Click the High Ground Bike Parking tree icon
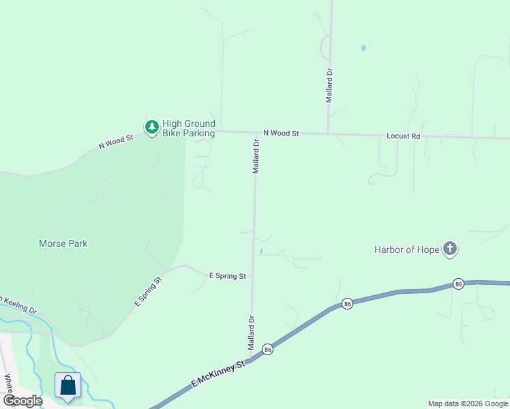pyautogui.click(x=151, y=127)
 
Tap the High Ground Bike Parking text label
pyautogui.click(x=189, y=128)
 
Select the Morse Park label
pyautogui.click(x=63, y=243)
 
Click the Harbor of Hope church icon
pyautogui.click(x=449, y=249)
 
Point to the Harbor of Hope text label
pyautogui.click(x=407, y=249)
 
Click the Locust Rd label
pyautogui.click(x=404, y=136)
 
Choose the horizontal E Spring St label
pyautogui.click(x=227, y=276)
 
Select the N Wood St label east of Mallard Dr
pyautogui.click(x=281, y=134)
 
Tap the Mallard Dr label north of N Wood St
pyautogui.click(x=329, y=85)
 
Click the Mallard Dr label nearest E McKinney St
pyautogui.click(x=252, y=333)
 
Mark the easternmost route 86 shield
pyautogui.click(x=458, y=284)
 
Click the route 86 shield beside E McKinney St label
pyautogui.click(x=268, y=349)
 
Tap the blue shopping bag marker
pyautogui.click(x=68, y=385)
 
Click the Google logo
pyautogui.click(x=22, y=401)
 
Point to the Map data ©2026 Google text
pyautogui.click(x=468, y=404)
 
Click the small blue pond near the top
pyautogui.click(x=363, y=48)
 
